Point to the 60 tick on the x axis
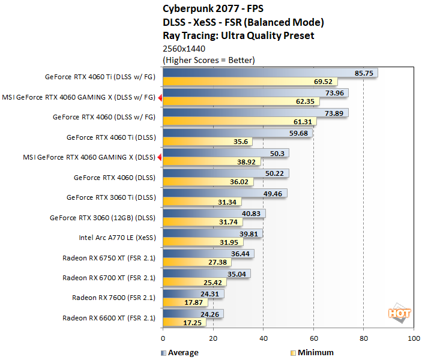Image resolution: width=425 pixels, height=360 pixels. pyautogui.click(x=313, y=339)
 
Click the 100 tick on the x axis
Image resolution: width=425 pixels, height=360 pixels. pyautogui.click(x=413, y=339)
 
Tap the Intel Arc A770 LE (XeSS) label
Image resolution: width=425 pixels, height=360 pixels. pyautogui.click(x=116, y=237)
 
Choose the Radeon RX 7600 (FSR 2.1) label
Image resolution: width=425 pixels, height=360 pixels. pyautogui.click(x=113, y=297)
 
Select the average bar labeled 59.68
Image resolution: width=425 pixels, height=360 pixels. pyautogui.click(x=237, y=133)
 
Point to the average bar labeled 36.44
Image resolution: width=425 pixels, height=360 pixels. pyautogui.click(x=208, y=253)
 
